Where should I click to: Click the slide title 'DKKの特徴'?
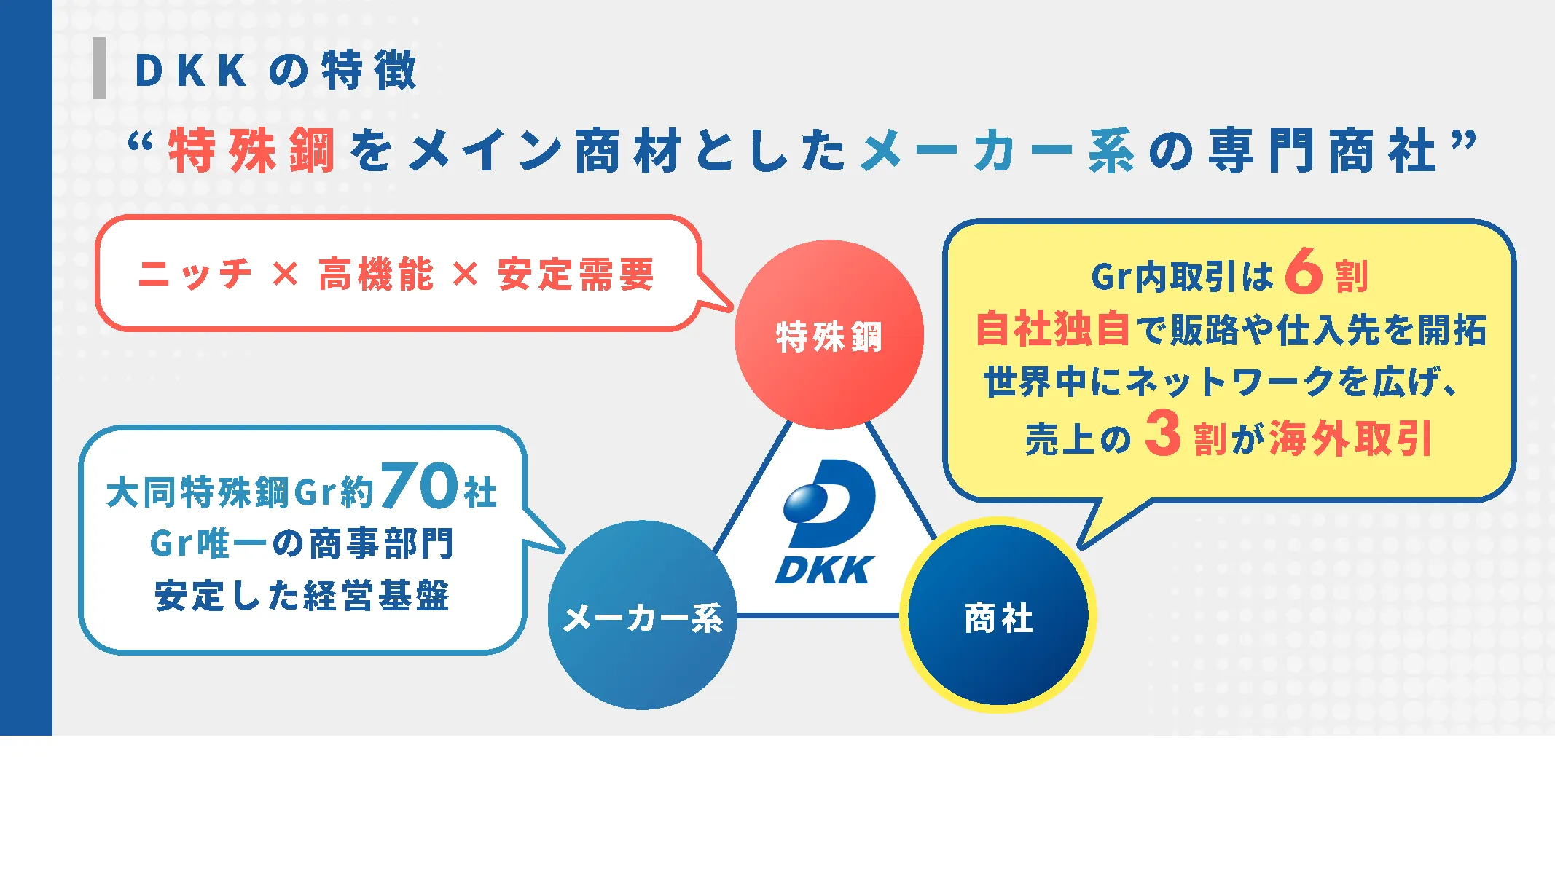coord(275,71)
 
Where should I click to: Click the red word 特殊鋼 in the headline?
coord(251,151)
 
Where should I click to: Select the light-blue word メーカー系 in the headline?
coord(997,151)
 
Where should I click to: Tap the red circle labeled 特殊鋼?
coord(829,335)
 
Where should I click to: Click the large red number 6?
coord(1304,272)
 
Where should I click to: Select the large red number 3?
coord(1162,434)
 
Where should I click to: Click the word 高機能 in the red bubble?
coord(376,275)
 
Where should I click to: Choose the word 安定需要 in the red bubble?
coord(576,275)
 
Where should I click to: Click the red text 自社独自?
coord(1052,329)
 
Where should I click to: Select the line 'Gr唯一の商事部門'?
coord(302,543)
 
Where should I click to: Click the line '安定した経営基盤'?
coord(302,596)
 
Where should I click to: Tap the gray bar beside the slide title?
coord(99,68)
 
